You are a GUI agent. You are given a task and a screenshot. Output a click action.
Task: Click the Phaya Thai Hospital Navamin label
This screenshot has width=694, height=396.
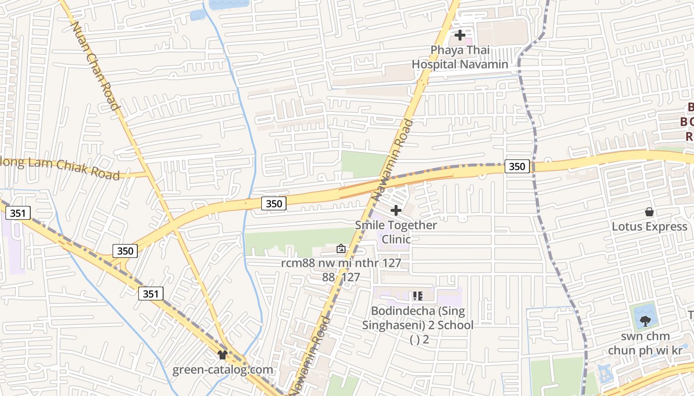tap(460, 57)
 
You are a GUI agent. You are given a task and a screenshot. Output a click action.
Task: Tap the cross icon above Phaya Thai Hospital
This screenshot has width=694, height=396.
tap(460, 35)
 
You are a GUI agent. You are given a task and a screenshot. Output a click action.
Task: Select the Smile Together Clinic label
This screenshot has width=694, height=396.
tap(396, 232)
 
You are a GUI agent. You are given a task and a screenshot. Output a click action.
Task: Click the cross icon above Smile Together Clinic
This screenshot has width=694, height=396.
tap(396, 210)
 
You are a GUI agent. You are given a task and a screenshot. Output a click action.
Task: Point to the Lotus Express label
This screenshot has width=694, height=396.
tap(649, 227)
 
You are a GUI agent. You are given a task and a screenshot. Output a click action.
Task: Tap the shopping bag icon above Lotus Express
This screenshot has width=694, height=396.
tap(649, 212)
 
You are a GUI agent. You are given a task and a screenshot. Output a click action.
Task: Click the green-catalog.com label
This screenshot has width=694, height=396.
tap(223, 370)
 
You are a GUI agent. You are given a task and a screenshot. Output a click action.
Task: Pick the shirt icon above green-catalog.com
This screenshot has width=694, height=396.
tap(223, 355)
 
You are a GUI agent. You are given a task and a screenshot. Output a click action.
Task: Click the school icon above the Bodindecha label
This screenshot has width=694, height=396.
tap(417, 296)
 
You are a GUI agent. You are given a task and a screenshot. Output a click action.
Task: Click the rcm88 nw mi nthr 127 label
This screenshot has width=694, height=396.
tap(341, 263)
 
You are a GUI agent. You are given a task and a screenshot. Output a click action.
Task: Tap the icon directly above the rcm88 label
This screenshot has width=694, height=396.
tap(341, 248)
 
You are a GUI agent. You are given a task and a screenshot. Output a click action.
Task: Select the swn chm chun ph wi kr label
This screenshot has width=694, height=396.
tap(645, 344)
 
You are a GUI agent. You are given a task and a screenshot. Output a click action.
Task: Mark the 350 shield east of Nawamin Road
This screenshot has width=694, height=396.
tap(517, 166)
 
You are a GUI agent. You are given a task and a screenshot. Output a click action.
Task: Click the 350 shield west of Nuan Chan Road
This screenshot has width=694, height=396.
tap(125, 251)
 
